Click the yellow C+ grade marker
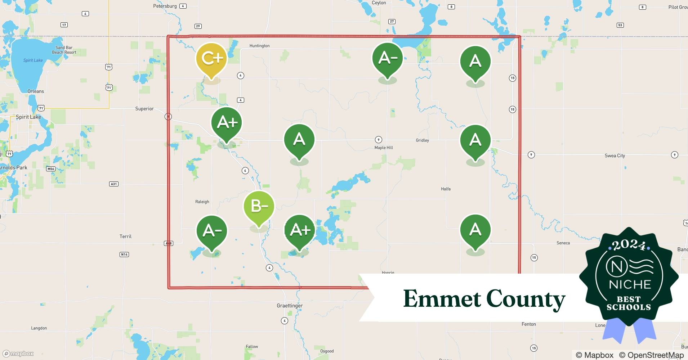(211, 59)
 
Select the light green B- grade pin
(259, 206)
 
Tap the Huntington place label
(259, 46)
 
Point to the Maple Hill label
(384, 148)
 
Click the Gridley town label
(422, 140)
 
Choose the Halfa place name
(446, 189)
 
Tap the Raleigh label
(202, 202)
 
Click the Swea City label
(615, 156)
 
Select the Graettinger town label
(290, 306)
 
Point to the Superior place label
(144, 109)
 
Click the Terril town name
(125, 237)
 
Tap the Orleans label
(36, 91)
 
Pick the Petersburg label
(165, 6)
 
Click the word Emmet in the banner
(442, 298)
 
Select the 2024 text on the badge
(629, 245)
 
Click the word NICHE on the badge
(630, 284)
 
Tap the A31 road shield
(114, 184)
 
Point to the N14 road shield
(124, 255)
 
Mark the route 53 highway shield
(620, 25)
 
